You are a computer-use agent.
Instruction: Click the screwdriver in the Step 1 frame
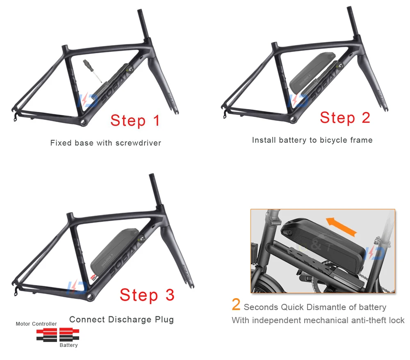point(92,70)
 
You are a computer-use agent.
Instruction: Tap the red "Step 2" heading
point(345,118)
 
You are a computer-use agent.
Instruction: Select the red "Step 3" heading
point(147,295)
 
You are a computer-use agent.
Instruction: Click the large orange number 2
point(236,305)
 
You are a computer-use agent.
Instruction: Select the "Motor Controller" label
point(36,324)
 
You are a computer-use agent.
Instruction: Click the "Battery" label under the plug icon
point(68,345)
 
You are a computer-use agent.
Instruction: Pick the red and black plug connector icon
point(58,334)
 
